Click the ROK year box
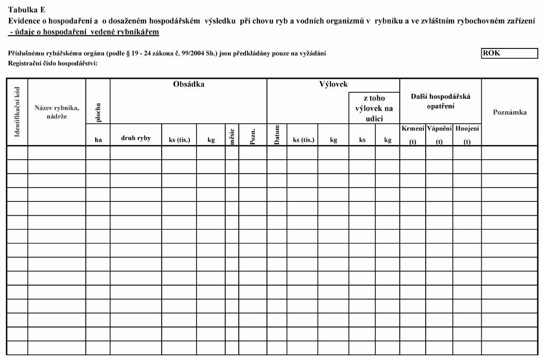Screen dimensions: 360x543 (502, 53)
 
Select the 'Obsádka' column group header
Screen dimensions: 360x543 (189, 84)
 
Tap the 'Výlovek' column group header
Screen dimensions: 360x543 (334, 84)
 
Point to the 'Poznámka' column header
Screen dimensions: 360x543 (510, 112)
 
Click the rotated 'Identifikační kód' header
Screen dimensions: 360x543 (17, 112)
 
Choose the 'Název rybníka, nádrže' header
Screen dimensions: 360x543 (57, 112)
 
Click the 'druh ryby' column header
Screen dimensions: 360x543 (136, 139)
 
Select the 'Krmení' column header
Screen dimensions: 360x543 (412, 128)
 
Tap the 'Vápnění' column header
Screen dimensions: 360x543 (439, 128)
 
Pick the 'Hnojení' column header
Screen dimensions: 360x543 (467, 128)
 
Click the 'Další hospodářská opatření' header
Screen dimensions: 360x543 (440, 101)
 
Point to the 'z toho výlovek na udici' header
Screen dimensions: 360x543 (374, 108)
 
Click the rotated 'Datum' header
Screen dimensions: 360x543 (277, 135)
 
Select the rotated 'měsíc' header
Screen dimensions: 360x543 (232, 135)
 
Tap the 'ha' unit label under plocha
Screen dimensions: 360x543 (98, 139)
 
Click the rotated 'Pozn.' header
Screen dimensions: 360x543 (252, 135)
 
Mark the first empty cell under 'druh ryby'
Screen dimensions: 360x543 (136, 152)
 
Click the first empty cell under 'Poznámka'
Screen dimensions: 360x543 (510, 152)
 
